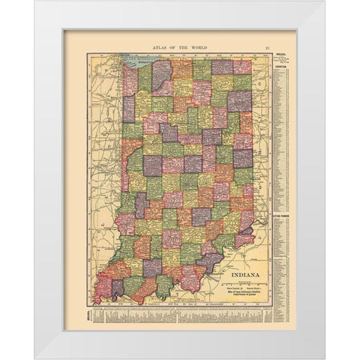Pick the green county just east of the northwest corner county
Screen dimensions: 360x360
click(145, 77)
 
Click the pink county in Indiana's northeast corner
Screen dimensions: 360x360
click(242, 67)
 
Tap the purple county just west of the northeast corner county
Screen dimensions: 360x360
click(222, 67)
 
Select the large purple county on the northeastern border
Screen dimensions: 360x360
click(239, 100)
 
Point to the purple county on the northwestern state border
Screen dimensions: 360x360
click(128, 109)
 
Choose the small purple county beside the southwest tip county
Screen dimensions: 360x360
click(117, 288)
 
